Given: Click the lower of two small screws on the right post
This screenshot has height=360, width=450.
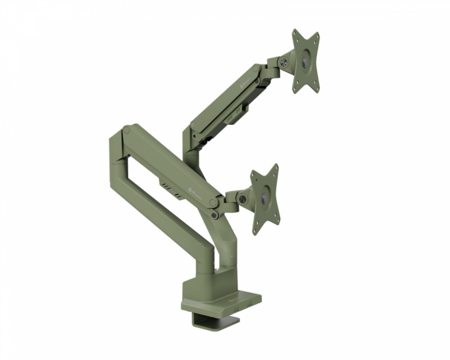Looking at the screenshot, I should click(214, 216).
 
